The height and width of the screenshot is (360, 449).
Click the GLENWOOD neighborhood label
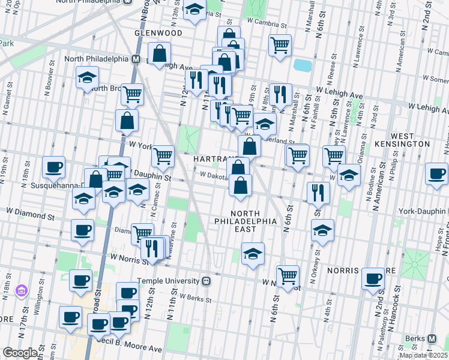point(158,33)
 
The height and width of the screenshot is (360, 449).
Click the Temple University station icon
point(206,281)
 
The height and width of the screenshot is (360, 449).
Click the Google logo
point(20,353)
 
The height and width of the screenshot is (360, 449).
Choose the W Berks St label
point(194,298)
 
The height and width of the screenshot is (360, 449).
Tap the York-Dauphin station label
point(423,212)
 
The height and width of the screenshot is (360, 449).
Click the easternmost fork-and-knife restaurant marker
point(317,193)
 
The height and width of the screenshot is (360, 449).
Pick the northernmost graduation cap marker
point(194,10)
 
